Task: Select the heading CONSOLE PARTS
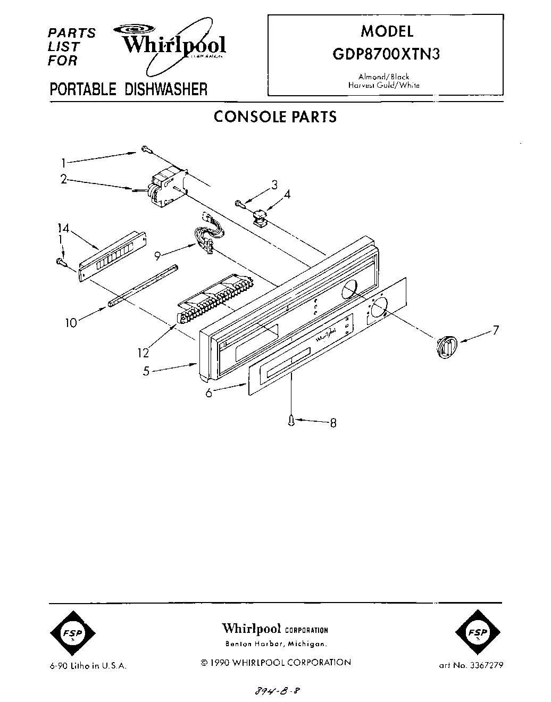click(275, 116)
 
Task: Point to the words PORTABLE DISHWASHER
click(128, 89)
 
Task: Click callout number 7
click(495, 330)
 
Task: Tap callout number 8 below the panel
click(333, 423)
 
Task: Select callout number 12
click(143, 352)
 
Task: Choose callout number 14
click(63, 228)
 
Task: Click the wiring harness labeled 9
click(206, 234)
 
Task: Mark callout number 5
click(146, 371)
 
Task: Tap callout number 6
click(208, 392)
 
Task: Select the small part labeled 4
click(260, 217)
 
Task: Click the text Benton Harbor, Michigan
click(275, 644)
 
